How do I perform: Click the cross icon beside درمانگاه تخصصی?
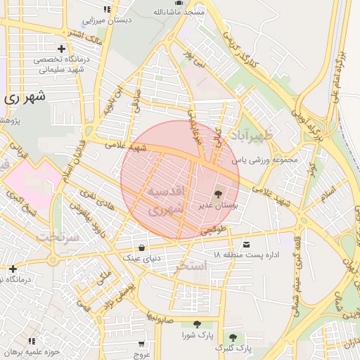(63, 49)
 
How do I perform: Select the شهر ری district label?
(24, 98)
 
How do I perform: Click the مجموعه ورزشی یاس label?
(266, 160)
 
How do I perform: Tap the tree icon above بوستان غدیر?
(217, 191)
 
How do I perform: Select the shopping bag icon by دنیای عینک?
(143, 247)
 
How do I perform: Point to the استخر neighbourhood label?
(191, 266)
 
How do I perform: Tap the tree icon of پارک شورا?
(196, 325)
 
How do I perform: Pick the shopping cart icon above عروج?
(141, 345)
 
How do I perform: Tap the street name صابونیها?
(160, 317)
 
